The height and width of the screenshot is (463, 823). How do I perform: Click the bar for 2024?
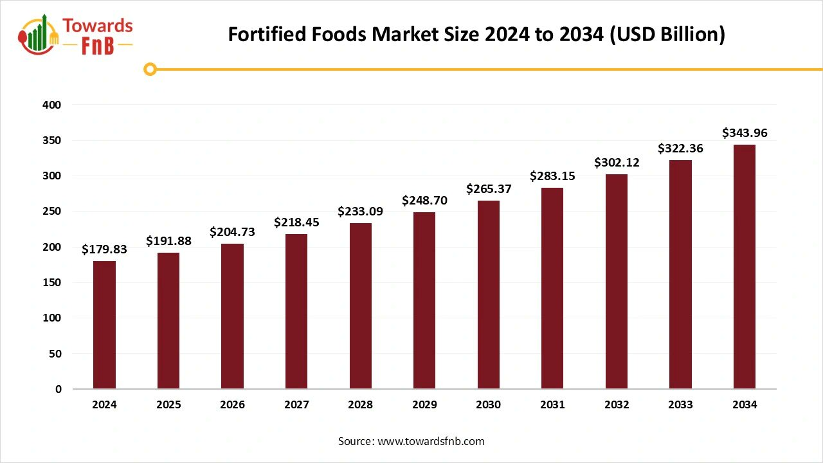[104, 325]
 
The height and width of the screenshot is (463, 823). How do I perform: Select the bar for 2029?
[424, 300]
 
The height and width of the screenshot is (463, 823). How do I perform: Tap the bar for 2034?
[745, 267]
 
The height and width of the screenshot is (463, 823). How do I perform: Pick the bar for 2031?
[552, 288]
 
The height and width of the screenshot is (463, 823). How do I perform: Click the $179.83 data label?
[104, 250]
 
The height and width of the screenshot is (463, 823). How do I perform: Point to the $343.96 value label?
[745, 133]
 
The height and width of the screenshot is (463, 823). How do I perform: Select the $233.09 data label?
[360, 211]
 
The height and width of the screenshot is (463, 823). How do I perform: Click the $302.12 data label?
[617, 162]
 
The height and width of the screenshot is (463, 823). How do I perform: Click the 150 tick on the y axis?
[53, 282]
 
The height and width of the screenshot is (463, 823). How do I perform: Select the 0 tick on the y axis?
[58, 389]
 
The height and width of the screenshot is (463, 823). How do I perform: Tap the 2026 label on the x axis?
[232, 404]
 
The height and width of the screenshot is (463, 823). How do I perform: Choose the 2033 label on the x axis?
[680, 404]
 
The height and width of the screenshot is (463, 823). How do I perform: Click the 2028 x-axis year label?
[360, 404]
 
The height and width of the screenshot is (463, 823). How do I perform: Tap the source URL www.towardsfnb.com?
[430, 441]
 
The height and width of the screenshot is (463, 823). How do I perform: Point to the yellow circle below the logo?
[150, 69]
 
